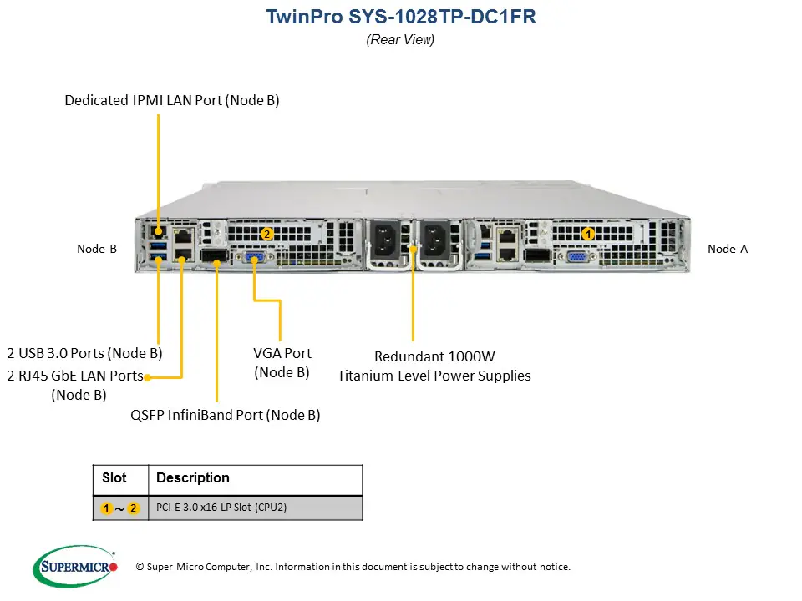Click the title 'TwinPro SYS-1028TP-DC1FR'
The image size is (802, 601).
(x=400, y=17)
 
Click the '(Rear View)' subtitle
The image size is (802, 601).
(x=400, y=39)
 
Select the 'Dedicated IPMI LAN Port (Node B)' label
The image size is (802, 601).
(x=172, y=100)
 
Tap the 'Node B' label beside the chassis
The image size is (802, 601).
(x=97, y=249)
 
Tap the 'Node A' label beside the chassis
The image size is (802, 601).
(x=728, y=249)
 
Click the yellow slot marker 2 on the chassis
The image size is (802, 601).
(x=266, y=235)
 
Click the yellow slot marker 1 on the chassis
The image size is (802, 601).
(x=587, y=235)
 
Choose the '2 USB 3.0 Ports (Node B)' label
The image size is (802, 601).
(x=84, y=353)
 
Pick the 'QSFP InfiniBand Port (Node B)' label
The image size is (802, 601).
(x=226, y=415)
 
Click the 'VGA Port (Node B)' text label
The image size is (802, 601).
(x=282, y=362)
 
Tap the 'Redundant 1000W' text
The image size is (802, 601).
(x=434, y=356)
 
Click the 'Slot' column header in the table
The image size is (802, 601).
(x=114, y=478)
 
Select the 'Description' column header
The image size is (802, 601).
(x=193, y=478)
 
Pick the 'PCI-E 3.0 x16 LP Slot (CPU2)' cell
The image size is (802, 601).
(x=221, y=508)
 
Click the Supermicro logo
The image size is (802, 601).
(x=74, y=567)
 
